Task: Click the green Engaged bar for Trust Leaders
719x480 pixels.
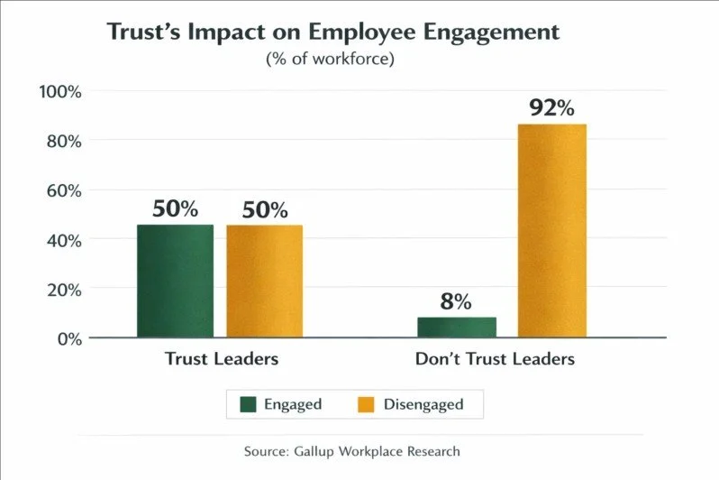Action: click(x=175, y=281)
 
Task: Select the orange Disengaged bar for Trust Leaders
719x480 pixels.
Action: click(x=264, y=281)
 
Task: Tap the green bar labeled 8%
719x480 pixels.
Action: click(x=457, y=327)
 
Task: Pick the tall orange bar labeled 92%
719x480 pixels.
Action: click(x=552, y=231)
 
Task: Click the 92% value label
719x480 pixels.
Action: click(x=551, y=108)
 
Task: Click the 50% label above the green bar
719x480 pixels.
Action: click(x=175, y=209)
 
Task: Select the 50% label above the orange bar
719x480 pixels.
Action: click(x=265, y=210)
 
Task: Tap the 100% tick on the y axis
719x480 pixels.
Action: click(x=60, y=92)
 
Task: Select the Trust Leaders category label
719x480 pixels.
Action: click(x=222, y=359)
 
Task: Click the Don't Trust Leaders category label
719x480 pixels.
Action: click(x=495, y=359)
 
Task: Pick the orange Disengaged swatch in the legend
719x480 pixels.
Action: click(x=366, y=404)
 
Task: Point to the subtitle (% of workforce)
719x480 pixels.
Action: click(x=330, y=60)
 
